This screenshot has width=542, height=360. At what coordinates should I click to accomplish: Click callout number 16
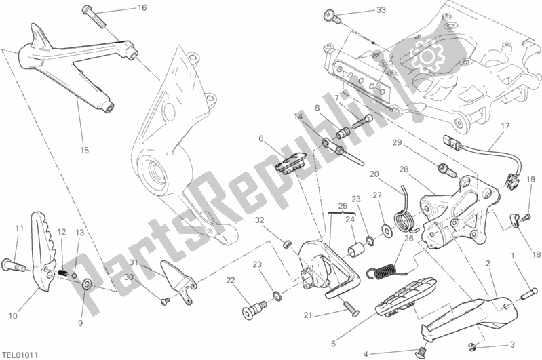tap(141, 8)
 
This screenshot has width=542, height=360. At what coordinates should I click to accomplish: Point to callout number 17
tap(505, 126)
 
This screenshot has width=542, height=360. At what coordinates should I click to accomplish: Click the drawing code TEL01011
tap(20, 353)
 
